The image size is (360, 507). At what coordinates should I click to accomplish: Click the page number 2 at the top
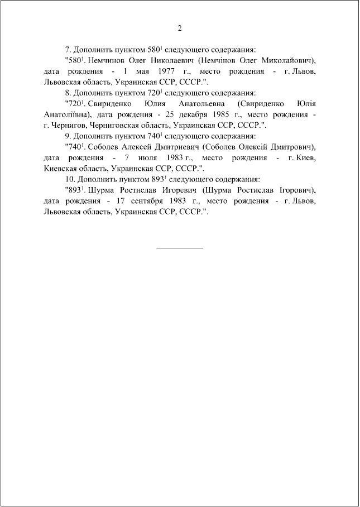pyautogui.click(x=180, y=28)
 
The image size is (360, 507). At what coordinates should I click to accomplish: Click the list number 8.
pyautogui.click(x=68, y=93)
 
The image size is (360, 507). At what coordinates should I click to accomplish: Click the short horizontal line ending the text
pyautogui.click(x=180, y=247)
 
